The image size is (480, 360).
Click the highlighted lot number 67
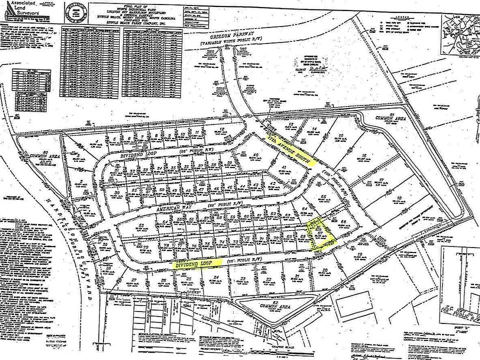click(320, 233)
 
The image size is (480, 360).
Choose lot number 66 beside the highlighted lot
click(343, 221)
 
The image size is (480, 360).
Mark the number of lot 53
click(141, 226)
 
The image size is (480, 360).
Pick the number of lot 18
click(399, 199)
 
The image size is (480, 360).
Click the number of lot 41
click(283, 167)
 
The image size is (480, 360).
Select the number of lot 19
click(359, 255)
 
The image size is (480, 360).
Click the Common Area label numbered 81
click(393, 118)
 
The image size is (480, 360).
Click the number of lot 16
click(365, 155)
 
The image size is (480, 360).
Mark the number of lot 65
click(323, 196)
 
